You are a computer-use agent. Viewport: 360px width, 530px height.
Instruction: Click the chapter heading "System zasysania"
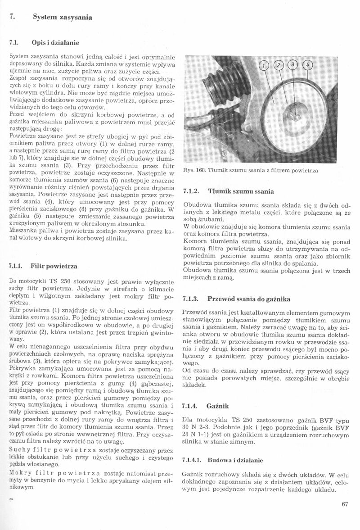pos(63,18)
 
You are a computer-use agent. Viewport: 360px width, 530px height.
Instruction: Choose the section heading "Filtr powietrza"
pos(54,267)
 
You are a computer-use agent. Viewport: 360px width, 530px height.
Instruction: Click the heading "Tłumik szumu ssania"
pos(240,191)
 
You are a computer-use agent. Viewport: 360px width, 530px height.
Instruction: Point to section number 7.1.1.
pos(17,267)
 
